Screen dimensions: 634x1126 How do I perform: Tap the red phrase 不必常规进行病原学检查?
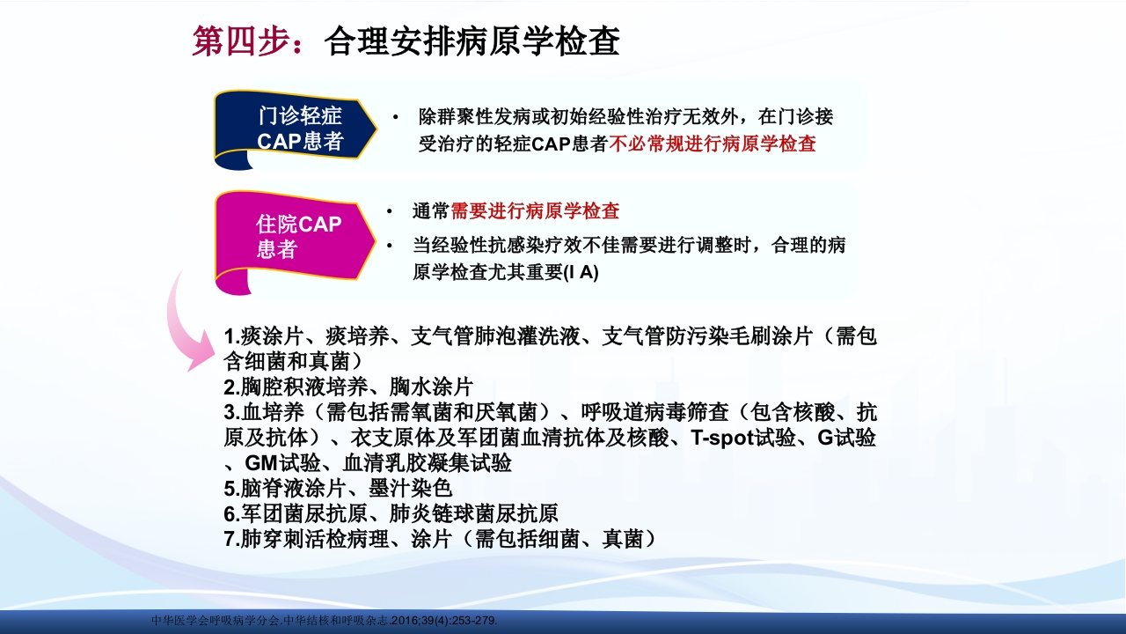(x=713, y=144)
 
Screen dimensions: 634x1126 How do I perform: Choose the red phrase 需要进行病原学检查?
(x=535, y=211)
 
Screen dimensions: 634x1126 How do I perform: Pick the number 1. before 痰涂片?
(x=231, y=336)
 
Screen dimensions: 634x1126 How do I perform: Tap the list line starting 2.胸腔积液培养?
(x=348, y=387)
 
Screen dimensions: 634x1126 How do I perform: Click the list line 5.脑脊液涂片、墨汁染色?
(x=338, y=488)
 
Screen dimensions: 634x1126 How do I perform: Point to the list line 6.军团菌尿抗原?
(x=391, y=513)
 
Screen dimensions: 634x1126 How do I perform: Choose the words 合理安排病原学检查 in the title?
(x=472, y=41)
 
